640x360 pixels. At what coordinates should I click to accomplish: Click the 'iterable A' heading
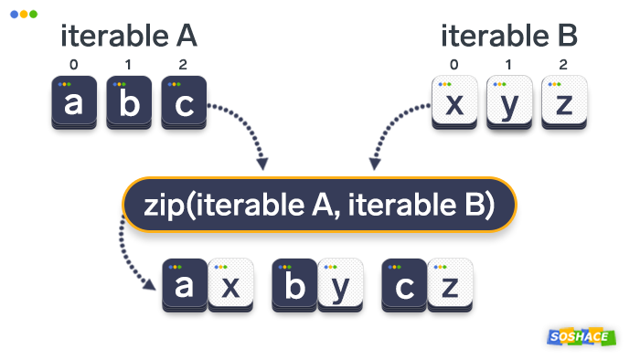click(x=129, y=37)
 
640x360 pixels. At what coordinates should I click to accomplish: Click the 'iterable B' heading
click(x=509, y=37)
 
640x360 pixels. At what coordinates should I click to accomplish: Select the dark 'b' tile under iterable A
click(x=129, y=104)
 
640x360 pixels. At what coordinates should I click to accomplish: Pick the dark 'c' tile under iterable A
click(x=184, y=104)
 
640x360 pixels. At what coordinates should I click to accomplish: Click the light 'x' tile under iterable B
click(x=454, y=104)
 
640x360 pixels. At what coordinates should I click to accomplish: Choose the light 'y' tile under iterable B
click(x=509, y=104)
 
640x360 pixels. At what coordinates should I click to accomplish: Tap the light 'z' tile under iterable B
click(x=563, y=104)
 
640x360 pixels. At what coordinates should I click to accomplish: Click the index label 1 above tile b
click(x=129, y=65)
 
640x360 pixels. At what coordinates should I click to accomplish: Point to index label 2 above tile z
click(x=563, y=65)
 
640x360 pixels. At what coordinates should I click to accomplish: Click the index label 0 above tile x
click(x=454, y=65)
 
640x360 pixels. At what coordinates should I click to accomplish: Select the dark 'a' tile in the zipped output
click(x=184, y=286)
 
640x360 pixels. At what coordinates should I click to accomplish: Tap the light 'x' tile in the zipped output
click(x=230, y=286)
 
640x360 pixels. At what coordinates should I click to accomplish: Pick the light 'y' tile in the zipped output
click(x=341, y=286)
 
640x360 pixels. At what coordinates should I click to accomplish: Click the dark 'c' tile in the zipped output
click(x=404, y=286)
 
